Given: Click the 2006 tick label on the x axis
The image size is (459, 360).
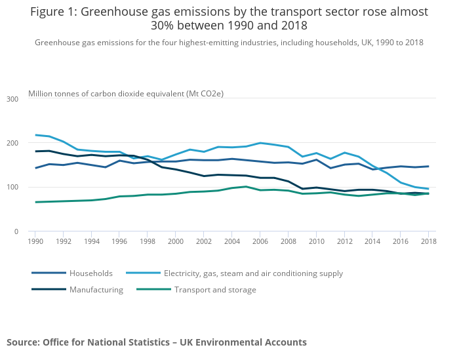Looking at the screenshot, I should coord(260,242).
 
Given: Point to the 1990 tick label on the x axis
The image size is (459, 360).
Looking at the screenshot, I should coord(35,242).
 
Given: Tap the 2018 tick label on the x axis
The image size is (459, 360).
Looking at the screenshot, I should coord(428,242).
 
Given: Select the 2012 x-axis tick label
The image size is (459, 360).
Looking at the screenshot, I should coord(344,242).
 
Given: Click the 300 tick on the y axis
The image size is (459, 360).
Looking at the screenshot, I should coord(12,99).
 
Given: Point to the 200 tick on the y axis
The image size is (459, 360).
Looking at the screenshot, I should coord(12,143).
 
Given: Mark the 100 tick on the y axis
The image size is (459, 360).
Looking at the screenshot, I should coord(12,188).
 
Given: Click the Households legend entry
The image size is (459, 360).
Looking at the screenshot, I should coord(91,273).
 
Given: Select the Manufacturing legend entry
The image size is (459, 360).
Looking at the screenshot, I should coord(96,290).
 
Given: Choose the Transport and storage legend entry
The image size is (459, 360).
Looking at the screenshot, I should coord(215,290).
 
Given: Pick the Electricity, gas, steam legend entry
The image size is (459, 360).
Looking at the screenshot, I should coord(253,273).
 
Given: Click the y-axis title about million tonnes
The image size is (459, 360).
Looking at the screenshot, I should coord(126,94).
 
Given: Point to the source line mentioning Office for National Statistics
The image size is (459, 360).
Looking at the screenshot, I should coord(157,342).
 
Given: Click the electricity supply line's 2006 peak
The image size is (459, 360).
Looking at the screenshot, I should coord(260,143).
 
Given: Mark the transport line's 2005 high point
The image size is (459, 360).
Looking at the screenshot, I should coord(246,186).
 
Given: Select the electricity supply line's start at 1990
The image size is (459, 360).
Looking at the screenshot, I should coord(35,135).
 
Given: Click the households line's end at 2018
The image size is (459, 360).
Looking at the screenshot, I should coord(428,166).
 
